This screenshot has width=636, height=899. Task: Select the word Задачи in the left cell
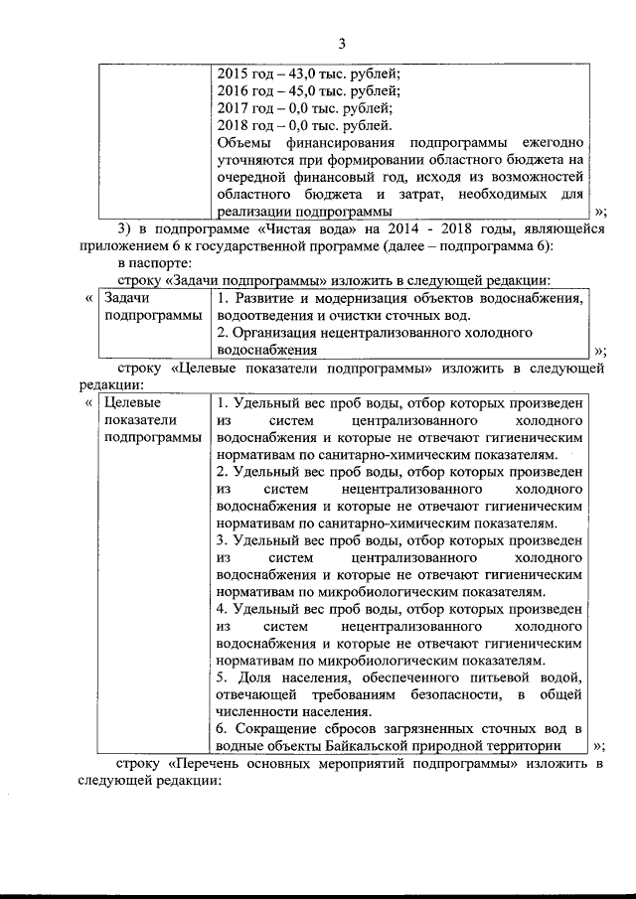click(127, 298)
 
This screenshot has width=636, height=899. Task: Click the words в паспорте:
click(151, 263)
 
